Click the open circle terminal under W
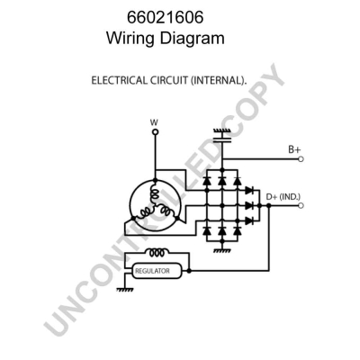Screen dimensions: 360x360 pos(154,131)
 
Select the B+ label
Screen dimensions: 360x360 pos(294,148)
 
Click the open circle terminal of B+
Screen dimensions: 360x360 pos(301,158)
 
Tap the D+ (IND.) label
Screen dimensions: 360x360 pos(284,196)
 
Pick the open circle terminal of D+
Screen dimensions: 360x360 pos(301,206)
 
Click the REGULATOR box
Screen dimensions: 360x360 pos(157,270)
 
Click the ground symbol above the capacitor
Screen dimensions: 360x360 pos(220,131)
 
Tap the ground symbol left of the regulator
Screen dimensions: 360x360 pos(122,288)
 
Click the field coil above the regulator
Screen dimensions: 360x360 pos(158,253)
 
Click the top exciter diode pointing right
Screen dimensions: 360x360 pos(247,193)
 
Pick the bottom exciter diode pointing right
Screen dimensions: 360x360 pos(247,219)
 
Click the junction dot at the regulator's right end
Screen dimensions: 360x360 pos(189,270)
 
